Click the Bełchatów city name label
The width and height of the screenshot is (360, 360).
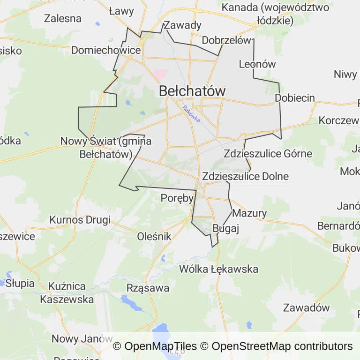(192, 91)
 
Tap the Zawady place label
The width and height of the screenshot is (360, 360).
(183, 25)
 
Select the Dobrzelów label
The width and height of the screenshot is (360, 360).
(226, 40)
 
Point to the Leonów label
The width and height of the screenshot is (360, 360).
(257, 64)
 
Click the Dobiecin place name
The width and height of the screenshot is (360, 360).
(295, 98)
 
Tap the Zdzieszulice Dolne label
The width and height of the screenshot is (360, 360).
(245, 177)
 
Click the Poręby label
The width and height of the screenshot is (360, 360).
(177, 198)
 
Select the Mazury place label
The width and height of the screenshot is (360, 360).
(249, 213)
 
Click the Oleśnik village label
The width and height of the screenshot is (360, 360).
(154, 237)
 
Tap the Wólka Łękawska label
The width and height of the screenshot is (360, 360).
(219, 269)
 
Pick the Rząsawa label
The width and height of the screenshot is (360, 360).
(148, 288)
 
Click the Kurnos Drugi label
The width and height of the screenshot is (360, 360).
(80, 220)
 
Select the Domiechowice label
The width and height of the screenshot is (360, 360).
(106, 50)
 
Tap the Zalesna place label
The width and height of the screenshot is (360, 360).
(62, 19)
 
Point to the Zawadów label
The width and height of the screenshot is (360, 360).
(306, 308)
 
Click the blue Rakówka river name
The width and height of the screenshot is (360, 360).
(192, 113)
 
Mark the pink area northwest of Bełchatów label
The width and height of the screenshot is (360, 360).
(161, 74)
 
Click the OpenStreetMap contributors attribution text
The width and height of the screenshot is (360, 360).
(282, 346)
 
